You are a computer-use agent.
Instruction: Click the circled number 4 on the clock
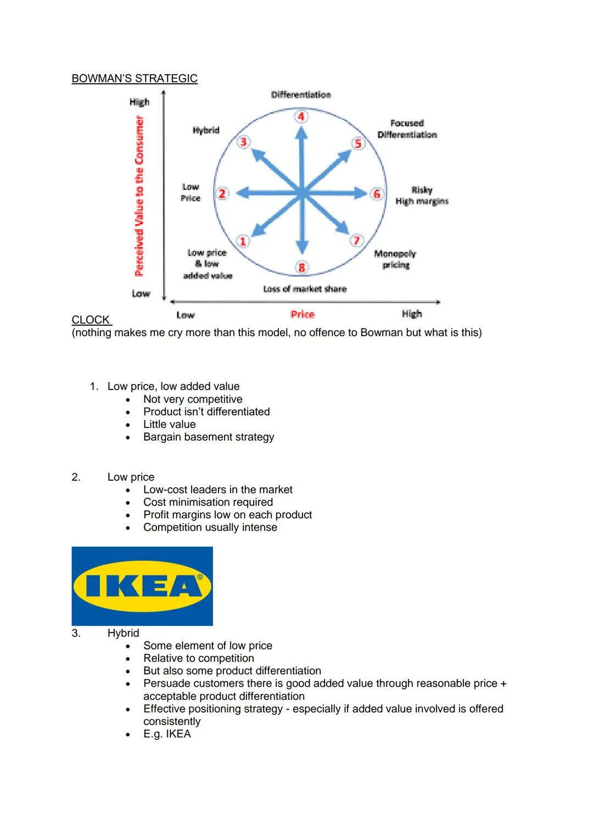tap(301, 116)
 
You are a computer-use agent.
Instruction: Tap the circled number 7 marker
tap(356, 240)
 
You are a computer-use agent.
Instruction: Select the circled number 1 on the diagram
tap(243, 241)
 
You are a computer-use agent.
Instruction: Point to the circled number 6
tap(377, 193)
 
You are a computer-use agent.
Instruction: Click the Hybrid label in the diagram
tap(206, 130)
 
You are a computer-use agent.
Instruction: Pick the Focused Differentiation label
tap(407, 129)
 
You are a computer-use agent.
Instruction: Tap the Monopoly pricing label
tap(395, 259)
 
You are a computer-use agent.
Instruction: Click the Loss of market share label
tap(305, 289)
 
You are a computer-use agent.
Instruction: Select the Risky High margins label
tap(422, 196)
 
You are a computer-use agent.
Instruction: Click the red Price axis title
tap(303, 314)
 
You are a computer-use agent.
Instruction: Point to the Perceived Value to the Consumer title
tap(139, 196)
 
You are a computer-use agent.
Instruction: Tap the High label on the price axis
tap(412, 314)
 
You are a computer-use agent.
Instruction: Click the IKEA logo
tap(142, 586)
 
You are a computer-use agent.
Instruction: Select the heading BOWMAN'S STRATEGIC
tap(135, 79)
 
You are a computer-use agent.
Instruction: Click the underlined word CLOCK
tap(91, 320)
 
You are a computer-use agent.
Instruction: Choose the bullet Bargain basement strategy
tap(209, 437)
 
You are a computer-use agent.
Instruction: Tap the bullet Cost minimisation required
tap(208, 502)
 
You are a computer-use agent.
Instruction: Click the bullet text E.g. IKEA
tap(167, 734)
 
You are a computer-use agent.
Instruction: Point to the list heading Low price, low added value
tap(174, 386)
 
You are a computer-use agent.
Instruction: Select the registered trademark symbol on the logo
tap(200, 577)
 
